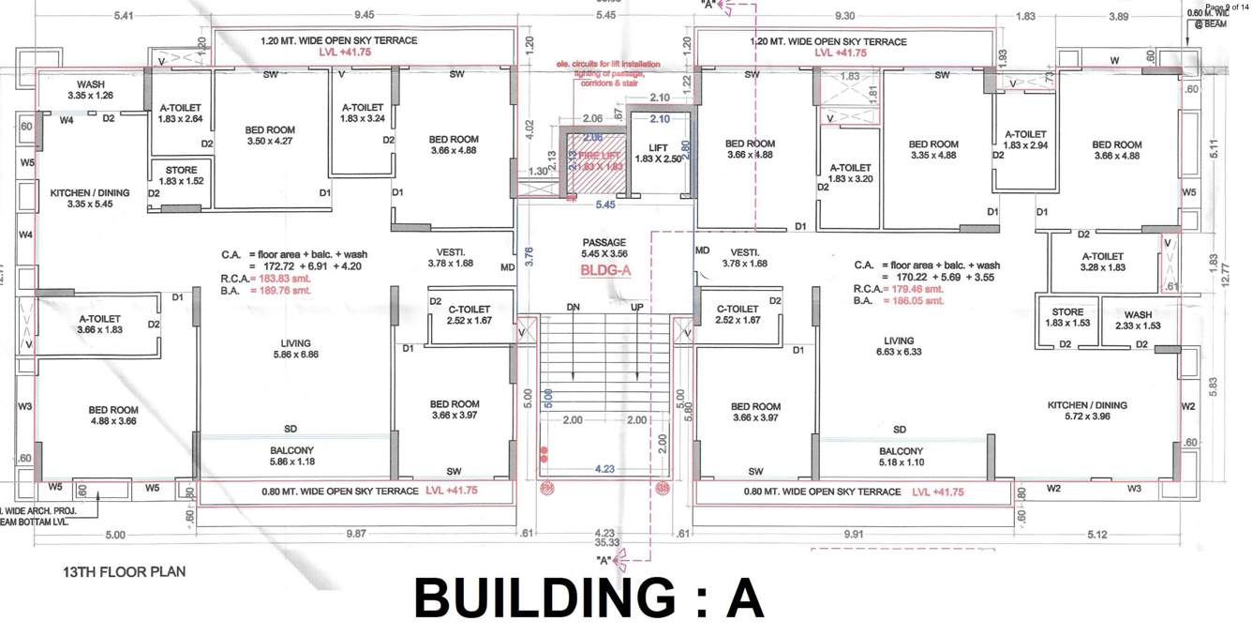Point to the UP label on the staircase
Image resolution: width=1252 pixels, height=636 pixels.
(636, 308)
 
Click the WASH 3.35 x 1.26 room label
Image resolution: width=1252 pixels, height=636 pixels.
(91, 90)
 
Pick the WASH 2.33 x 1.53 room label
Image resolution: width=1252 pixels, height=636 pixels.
(1138, 320)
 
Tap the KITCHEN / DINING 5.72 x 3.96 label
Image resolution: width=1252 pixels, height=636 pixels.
(1087, 411)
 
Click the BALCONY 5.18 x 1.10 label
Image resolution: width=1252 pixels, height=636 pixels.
(901, 457)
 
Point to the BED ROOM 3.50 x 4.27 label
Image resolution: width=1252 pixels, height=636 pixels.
(270, 135)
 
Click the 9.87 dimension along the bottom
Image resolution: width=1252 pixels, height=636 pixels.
(357, 533)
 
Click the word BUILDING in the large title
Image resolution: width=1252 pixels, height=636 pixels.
(543, 598)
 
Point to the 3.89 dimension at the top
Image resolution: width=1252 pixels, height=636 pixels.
(1119, 16)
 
